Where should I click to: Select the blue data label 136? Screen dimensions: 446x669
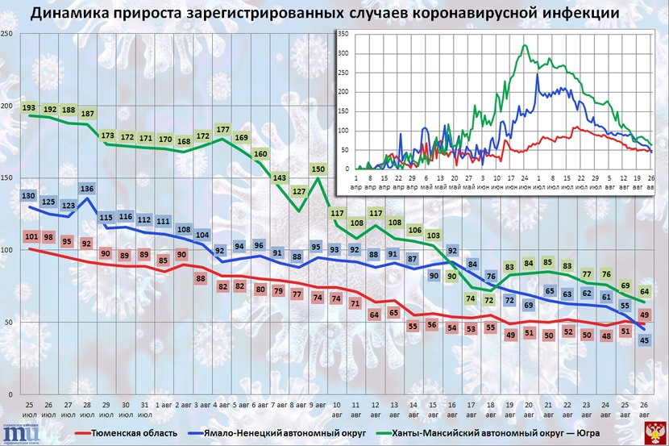pyautogui.click(x=87, y=190)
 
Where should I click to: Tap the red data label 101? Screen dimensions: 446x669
pyautogui.click(x=31, y=236)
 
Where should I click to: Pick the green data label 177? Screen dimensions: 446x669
pyautogui.click(x=222, y=130)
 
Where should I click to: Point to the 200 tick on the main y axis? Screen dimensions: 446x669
pyautogui.click(x=6, y=106)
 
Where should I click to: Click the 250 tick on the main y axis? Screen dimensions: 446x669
pyautogui.click(x=6, y=33)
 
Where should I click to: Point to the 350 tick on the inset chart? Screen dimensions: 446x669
pyautogui.click(x=343, y=34)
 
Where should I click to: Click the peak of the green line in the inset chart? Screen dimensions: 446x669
pyautogui.click(x=526, y=46)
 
